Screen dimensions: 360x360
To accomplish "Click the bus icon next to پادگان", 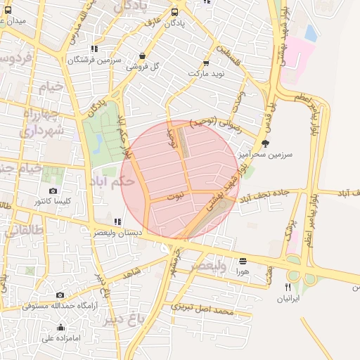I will point(175,11).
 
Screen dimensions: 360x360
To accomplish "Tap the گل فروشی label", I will point(143,67).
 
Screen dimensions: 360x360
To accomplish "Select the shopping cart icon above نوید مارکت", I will point(206,62).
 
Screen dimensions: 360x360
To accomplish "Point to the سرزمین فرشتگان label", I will point(91,60).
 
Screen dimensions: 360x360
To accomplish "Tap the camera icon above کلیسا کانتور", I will point(53,191).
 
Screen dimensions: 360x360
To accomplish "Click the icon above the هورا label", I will point(243,259).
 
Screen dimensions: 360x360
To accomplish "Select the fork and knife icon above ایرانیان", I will point(287,287).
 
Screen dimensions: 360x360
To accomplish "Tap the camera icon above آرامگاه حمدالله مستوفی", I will point(60,295).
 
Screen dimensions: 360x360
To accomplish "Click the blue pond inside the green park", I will point(98,143).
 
